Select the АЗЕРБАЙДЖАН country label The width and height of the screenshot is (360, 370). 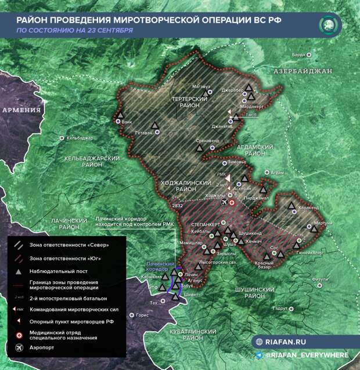pos(303,71)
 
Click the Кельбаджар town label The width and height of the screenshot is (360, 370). pos(80,138)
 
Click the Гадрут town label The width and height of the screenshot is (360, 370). pos(280,308)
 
